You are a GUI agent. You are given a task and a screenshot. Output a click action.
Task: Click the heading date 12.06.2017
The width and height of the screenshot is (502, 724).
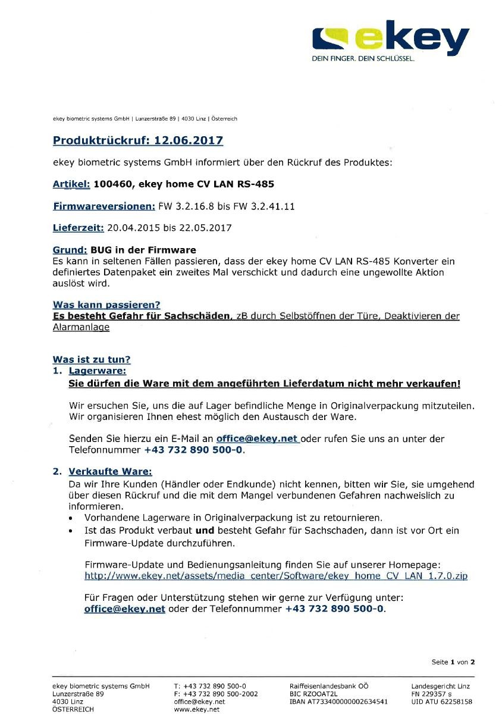tap(189, 141)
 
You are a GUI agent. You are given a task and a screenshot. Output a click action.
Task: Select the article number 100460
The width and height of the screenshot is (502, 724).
tap(113, 184)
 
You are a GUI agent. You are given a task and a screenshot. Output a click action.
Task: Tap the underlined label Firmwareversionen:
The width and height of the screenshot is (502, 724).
tap(104, 206)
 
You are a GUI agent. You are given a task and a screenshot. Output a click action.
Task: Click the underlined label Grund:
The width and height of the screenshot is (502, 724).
tap(70, 250)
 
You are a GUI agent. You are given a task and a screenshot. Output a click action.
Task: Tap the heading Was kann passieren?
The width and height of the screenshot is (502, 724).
tap(106, 305)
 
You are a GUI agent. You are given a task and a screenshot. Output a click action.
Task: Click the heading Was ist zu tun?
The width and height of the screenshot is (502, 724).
tap(92, 359)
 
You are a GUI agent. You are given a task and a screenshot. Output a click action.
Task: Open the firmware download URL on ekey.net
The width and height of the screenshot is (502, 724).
tap(276, 576)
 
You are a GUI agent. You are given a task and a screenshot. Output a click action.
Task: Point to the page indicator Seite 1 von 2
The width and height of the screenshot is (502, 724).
tap(453, 662)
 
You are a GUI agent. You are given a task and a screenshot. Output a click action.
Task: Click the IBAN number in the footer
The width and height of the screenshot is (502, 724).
tap(338, 701)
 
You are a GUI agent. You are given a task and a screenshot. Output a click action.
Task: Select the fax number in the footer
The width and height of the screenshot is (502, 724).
tap(216, 694)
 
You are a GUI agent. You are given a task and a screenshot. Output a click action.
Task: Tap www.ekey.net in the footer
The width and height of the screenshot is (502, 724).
tap(197, 709)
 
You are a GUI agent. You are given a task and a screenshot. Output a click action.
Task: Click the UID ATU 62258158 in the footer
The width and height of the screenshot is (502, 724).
tap(441, 701)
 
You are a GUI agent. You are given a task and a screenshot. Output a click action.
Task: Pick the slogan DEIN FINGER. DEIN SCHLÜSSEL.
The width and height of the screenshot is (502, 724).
tap(363, 59)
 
